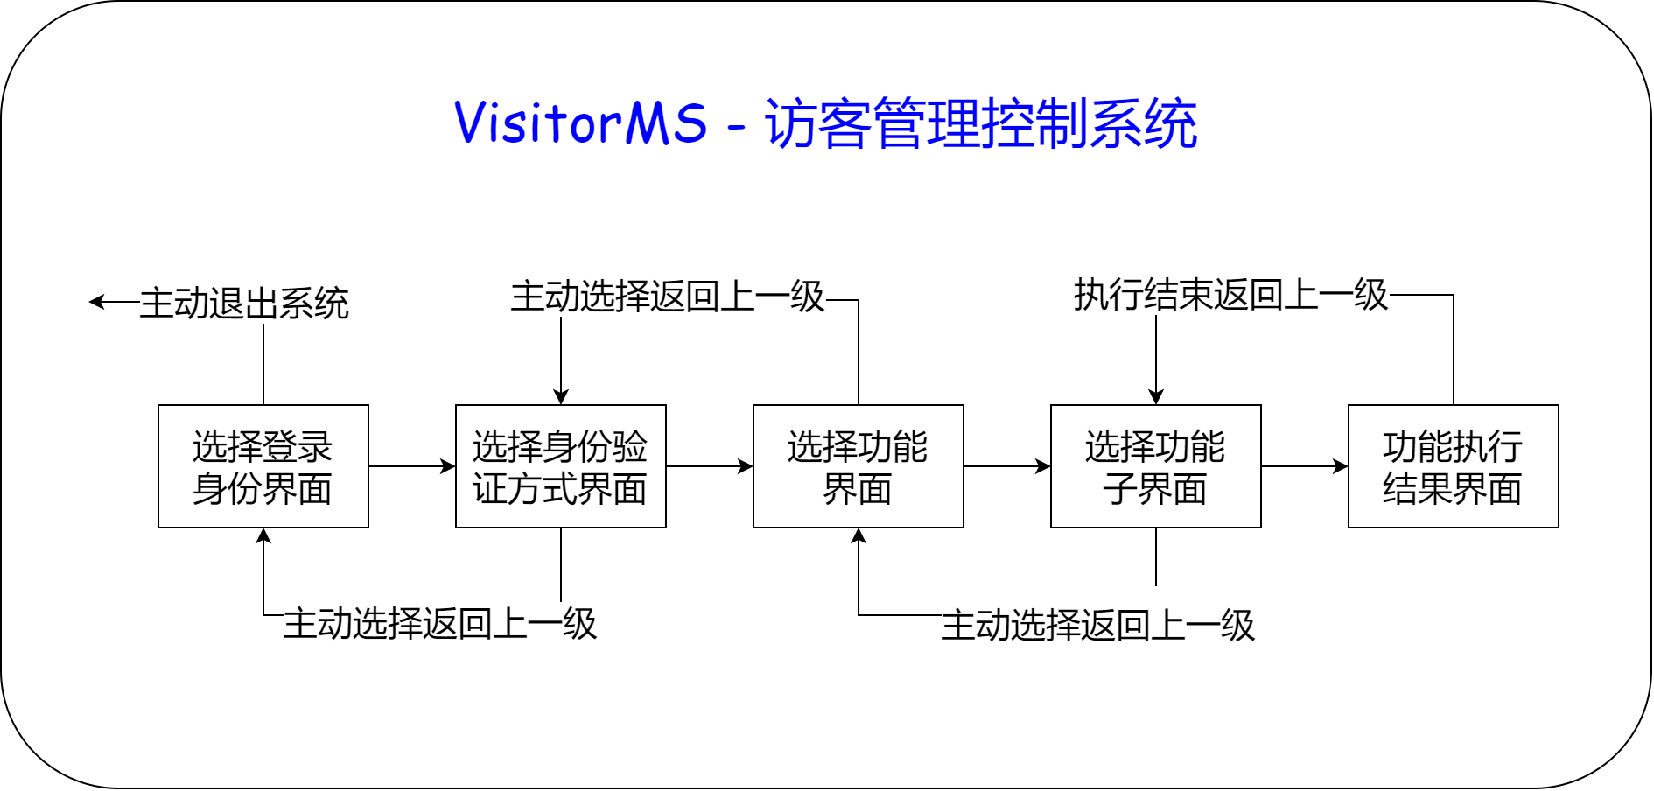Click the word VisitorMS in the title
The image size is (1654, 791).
(x=580, y=122)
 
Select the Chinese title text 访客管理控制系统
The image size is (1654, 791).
(x=980, y=122)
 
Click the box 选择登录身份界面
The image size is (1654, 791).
(x=263, y=466)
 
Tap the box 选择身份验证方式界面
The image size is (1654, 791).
(x=560, y=466)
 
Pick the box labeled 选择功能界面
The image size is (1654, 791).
(x=858, y=466)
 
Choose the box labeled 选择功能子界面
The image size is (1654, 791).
(x=1155, y=466)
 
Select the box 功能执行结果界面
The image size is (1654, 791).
(x=1453, y=466)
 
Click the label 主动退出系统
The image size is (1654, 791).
(x=244, y=304)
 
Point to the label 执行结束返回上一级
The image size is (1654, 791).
(x=1230, y=295)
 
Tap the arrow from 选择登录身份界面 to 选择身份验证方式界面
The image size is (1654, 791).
(x=411, y=466)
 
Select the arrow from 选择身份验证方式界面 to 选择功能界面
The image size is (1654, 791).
(x=709, y=466)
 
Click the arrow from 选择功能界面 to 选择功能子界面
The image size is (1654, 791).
(x=1006, y=466)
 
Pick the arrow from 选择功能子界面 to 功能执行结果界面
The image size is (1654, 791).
(x=1304, y=466)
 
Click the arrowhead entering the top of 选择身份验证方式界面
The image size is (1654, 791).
(x=561, y=397)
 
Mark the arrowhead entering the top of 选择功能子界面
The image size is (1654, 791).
(x=1156, y=397)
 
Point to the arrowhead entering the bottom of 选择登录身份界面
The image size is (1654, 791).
(x=263, y=535)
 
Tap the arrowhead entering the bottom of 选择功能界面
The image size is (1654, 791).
(x=859, y=535)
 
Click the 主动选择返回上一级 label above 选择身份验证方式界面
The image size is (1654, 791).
(x=667, y=297)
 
